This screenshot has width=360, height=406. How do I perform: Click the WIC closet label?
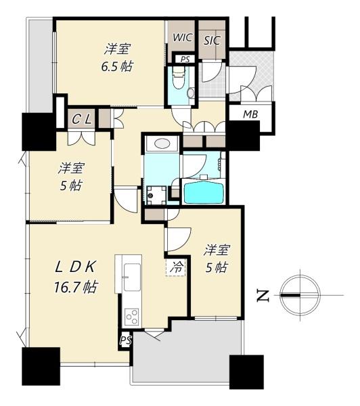[x=183, y=37]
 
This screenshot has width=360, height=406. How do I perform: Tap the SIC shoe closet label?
[x=212, y=41]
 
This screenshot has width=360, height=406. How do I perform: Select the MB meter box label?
[x=250, y=114]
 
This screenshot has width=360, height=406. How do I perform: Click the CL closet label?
[x=82, y=119]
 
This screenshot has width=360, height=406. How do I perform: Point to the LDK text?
[x=75, y=267]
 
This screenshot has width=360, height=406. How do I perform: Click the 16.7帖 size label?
[x=76, y=287]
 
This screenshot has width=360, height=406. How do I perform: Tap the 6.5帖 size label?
[x=117, y=66]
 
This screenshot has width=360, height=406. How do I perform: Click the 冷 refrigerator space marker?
[x=176, y=267]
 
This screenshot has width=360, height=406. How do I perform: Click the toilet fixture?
[x=179, y=76]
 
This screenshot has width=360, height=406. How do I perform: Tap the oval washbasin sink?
[x=162, y=143]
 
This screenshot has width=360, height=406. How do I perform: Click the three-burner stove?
[x=132, y=317]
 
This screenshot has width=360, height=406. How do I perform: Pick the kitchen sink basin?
[x=132, y=277]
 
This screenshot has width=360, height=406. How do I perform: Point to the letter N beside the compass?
[x=263, y=296]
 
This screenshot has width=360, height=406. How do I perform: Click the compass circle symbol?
[x=300, y=296]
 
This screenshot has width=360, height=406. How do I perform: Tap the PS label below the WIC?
[x=185, y=60]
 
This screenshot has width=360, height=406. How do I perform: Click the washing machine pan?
[x=156, y=195]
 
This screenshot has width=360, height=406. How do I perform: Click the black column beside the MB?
[x=244, y=136]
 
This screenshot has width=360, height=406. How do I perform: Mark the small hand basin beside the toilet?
[x=191, y=93]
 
